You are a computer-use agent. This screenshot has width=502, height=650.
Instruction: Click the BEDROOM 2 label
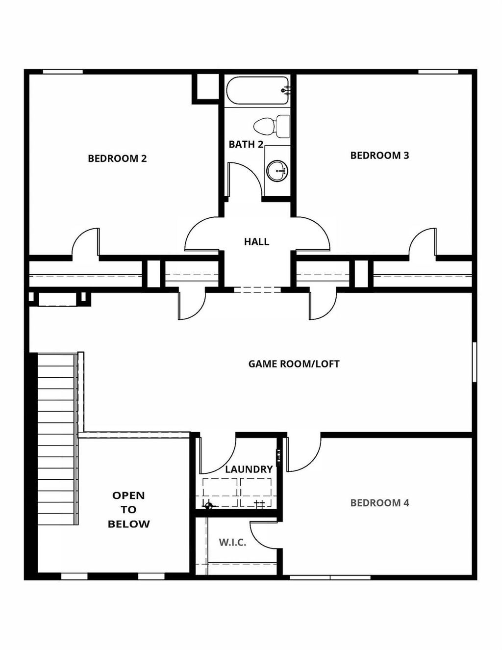[117, 158]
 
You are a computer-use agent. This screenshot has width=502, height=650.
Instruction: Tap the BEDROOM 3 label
[379, 156]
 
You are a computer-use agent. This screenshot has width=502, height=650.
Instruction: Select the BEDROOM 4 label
[379, 503]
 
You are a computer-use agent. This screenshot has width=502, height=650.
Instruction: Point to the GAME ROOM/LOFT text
[294, 364]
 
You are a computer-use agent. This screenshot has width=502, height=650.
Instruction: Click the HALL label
[256, 242]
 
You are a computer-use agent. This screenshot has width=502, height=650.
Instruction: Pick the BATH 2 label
[246, 144]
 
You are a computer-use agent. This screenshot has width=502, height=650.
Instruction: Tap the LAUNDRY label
[249, 469]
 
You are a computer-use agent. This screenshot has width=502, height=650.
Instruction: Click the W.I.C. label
[232, 543]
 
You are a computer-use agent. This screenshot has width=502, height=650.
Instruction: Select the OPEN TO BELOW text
[128, 510]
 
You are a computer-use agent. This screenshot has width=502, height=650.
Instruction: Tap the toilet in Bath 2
[271, 126]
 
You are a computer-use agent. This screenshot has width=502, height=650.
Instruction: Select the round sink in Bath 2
[277, 171]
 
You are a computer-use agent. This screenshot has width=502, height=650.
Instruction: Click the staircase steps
[56, 442]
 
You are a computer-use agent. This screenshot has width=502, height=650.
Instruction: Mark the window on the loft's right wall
[474, 362]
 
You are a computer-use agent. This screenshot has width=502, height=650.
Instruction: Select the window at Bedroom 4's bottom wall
[329, 577]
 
